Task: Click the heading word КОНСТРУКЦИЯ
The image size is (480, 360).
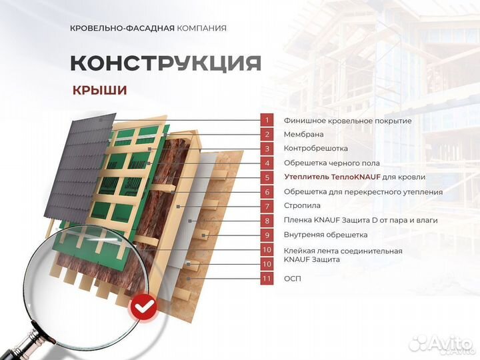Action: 165,63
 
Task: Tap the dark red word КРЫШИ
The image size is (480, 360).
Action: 100,90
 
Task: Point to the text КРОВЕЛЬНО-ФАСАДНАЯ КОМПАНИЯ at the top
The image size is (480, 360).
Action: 148,28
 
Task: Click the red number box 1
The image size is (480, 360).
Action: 267,120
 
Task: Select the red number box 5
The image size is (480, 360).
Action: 267,177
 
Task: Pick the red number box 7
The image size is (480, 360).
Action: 267,206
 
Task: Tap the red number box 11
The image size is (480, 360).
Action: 267,278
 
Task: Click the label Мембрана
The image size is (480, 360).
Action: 304,135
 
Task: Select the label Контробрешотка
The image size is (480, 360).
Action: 315,149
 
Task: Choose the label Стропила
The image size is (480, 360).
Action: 302,206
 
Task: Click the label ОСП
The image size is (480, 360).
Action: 292,278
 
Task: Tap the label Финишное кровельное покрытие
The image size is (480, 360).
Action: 347,121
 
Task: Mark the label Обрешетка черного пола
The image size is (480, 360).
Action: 331,163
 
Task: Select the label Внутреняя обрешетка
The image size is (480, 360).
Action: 325,235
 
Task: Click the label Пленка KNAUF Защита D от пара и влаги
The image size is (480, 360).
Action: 358,220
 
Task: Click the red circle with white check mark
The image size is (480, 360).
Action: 141,307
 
